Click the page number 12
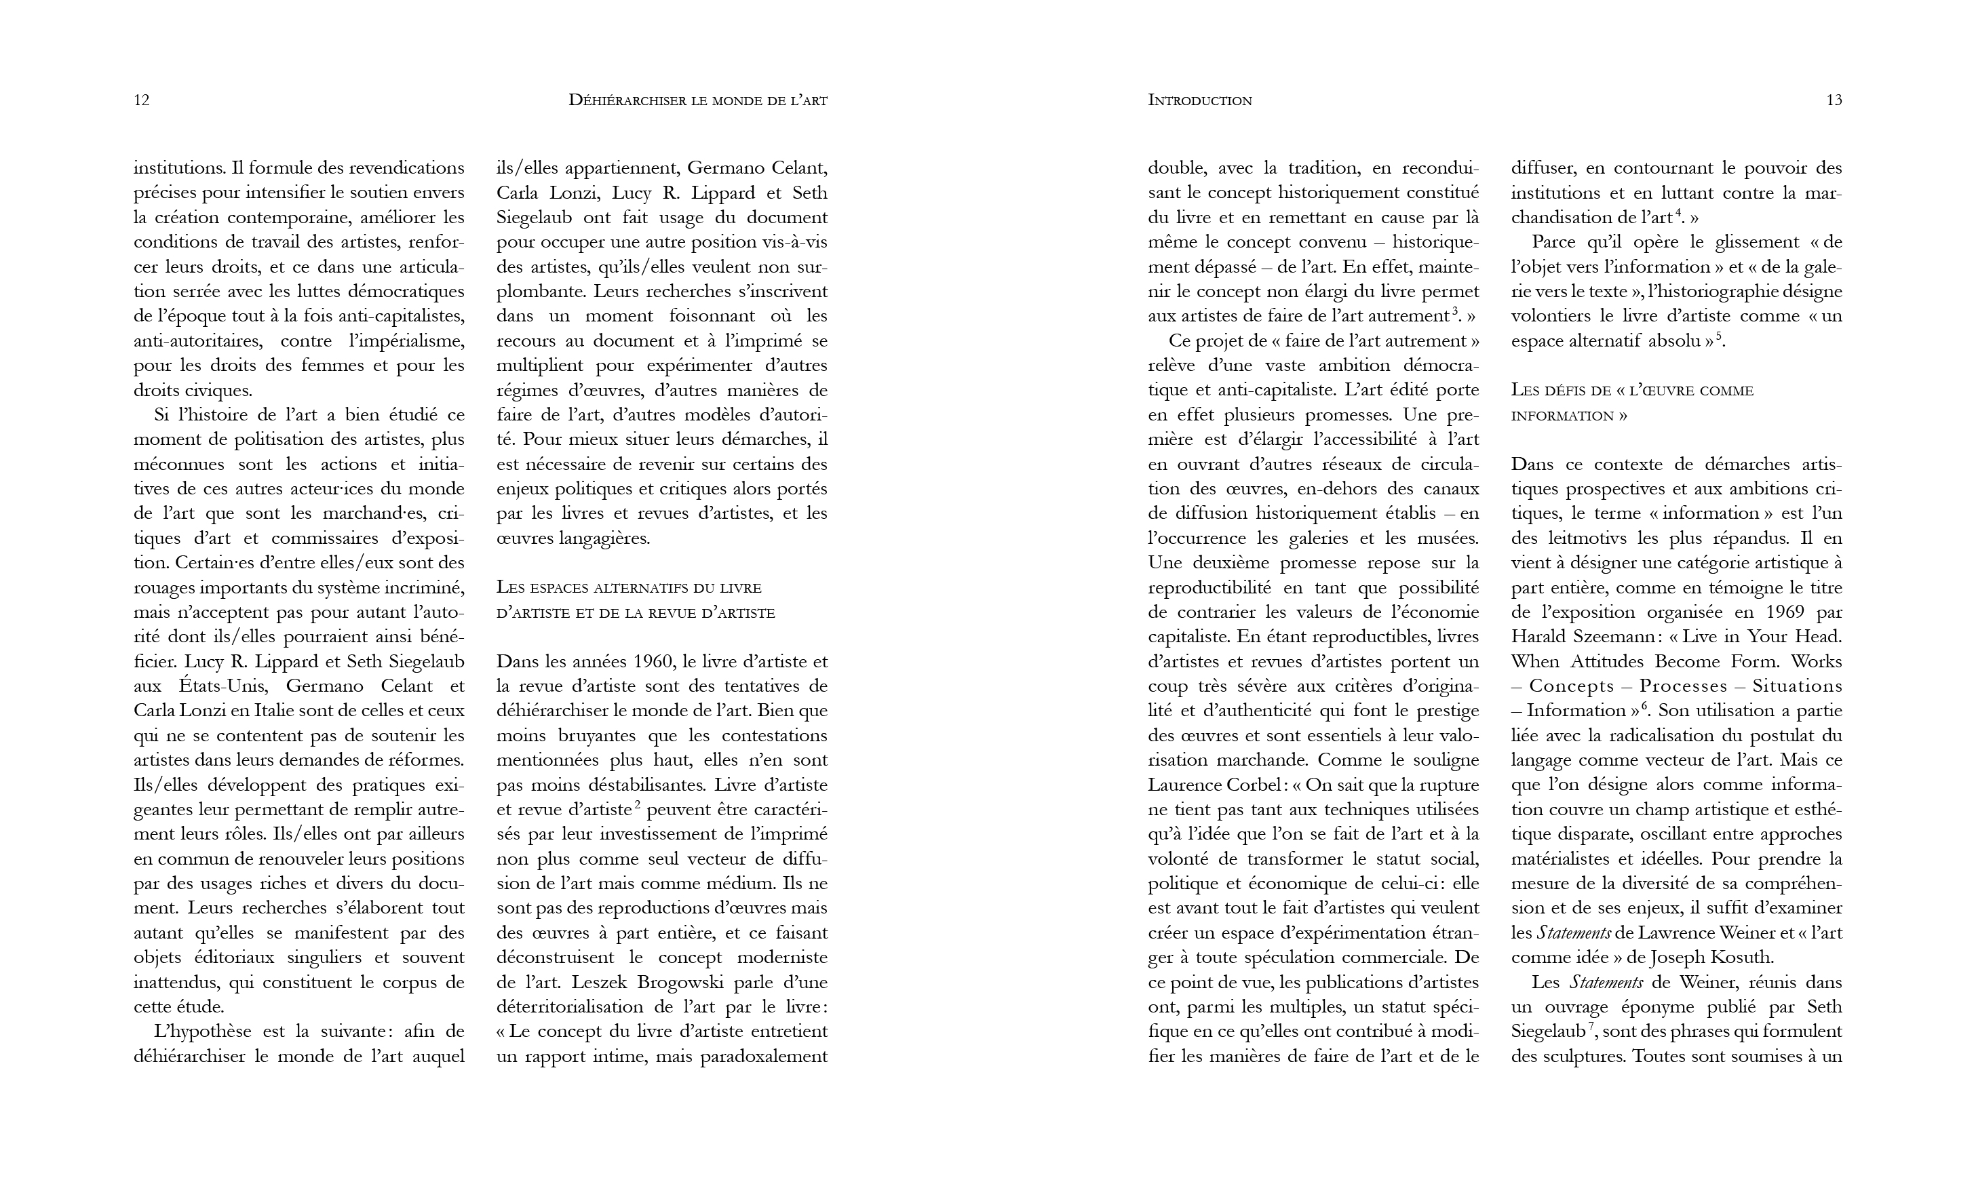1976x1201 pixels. coord(141,100)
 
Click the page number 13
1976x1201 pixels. coord(1834,100)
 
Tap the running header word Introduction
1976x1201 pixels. coord(1200,100)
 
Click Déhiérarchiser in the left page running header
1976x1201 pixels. coord(625,100)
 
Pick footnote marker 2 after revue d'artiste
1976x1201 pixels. coord(637,804)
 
